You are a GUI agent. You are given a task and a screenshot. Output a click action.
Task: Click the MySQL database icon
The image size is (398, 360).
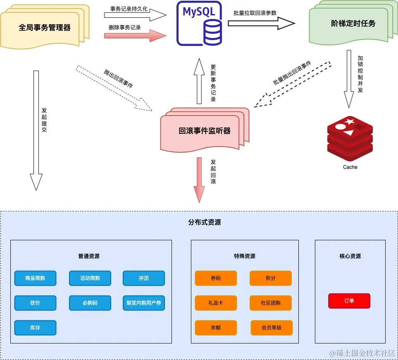(x=199, y=24)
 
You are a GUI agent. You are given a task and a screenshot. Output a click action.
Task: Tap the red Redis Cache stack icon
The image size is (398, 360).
(x=350, y=138)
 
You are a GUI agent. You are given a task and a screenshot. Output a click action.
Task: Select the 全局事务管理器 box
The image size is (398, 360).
(x=45, y=28)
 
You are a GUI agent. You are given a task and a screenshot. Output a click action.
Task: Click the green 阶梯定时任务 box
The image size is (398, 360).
(x=353, y=24)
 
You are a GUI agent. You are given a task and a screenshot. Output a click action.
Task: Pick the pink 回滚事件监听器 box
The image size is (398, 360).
(x=204, y=131)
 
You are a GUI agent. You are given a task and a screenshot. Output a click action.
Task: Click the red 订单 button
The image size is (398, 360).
(x=349, y=301)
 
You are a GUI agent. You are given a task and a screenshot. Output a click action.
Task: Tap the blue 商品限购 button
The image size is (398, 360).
(x=35, y=278)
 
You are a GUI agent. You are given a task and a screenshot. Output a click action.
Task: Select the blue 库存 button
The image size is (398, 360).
(x=35, y=328)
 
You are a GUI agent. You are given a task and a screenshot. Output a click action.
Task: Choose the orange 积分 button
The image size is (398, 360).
(x=271, y=278)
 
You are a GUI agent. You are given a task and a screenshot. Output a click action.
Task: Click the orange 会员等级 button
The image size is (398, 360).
(x=272, y=328)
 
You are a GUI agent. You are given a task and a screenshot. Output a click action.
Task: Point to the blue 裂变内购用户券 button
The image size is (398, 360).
(x=144, y=303)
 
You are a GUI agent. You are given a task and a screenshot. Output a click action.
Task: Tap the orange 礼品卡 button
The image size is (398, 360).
(x=216, y=303)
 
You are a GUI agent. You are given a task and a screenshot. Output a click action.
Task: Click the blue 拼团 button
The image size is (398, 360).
(x=144, y=278)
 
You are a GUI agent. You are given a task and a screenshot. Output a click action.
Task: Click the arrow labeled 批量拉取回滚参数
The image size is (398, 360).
(x=261, y=24)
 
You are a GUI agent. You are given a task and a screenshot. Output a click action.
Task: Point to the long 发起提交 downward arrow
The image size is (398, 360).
(x=36, y=130)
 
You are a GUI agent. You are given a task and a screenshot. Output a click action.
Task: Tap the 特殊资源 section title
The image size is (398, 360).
(x=244, y=256)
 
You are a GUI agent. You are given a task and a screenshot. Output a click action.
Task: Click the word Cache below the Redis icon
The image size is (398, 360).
(x=350, y=167)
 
